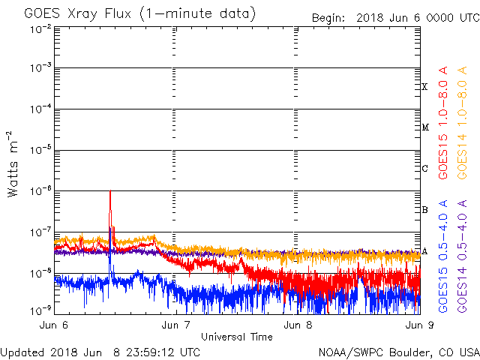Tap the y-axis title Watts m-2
coord(13,164)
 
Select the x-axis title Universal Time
coord(236,337)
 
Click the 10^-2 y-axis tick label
coord(40,29)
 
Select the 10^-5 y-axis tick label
coord(40,150)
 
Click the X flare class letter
coord(424,87)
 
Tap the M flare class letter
coord(424,127)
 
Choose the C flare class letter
coord(424,168)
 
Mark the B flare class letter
coord(424,209)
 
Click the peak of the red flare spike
coord(110,191)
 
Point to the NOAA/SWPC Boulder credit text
coord(398,352)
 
